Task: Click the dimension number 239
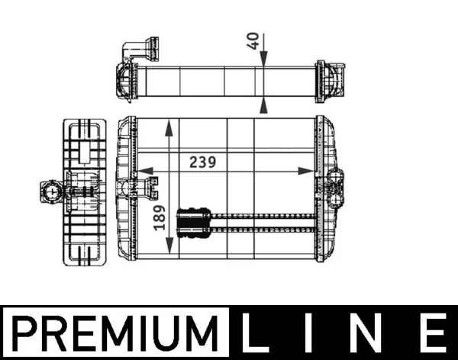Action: click(x=203, y=162)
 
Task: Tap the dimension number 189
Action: click(x=160, y=217)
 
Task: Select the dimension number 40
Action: click(x=253, y=41)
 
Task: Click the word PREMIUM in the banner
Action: click(x=115, y=333)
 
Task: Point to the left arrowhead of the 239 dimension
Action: click(x=145, y=171)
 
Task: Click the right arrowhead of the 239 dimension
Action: click(x=306, y=171)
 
